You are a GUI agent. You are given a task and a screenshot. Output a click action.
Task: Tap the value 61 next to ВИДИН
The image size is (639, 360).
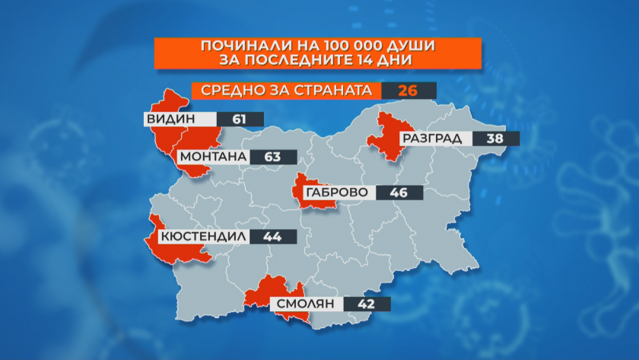pyautogui.click(x=239, y=119)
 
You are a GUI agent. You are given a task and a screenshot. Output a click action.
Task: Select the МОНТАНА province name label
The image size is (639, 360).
pyautogui.click(x=213, y=158)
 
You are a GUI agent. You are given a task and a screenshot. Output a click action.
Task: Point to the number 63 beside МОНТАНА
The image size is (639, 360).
pyautogui.click(x=272, y=158)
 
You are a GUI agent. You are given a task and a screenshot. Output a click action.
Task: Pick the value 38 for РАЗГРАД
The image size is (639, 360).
pyautogui.click(x=495, y=139)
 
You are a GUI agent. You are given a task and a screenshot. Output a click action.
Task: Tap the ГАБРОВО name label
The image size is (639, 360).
pyautogui.click(x=335, y=193)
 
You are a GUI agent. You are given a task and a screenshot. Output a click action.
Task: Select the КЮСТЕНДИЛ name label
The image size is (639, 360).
pyautogui.click(x=202, y=237)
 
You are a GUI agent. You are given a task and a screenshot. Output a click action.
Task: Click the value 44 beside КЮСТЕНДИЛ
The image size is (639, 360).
pyautogui.click(x=272, y=237)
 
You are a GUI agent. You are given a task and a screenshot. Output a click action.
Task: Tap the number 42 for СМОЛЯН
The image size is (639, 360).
pyautogui.click(x=367, y=304)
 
